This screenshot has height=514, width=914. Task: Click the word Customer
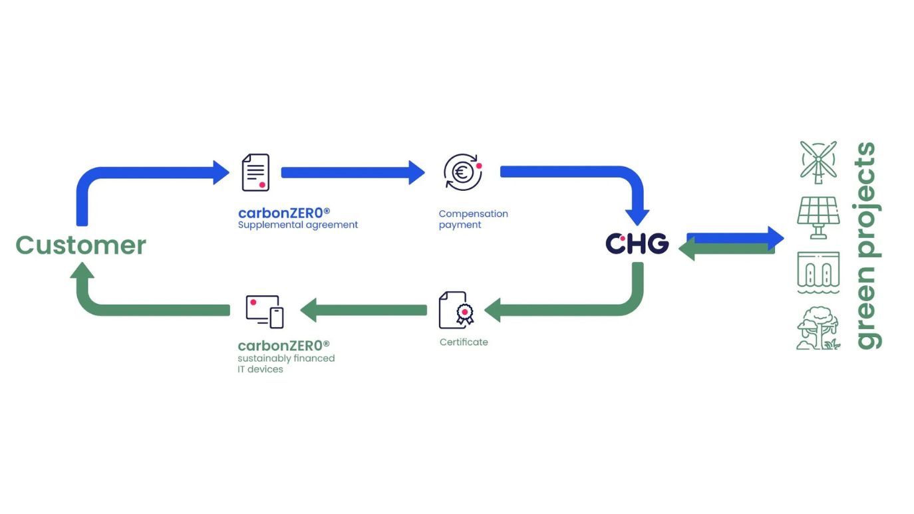(x=80, y=245)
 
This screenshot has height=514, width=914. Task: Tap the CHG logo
(x=637, y=243)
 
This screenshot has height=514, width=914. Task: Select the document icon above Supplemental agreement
(x=255, y=172)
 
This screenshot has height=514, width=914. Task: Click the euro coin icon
(x=462, y=172)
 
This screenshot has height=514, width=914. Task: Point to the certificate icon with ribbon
(x=456, y=310)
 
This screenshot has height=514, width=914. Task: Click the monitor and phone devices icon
(x=264, y=311)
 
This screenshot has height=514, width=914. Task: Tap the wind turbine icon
(x=818, y=162)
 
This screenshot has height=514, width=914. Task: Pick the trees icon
(x=818, y=328)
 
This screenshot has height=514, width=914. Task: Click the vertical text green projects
(x=867, y=246)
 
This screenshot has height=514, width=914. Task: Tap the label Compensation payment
(x=473, y=219)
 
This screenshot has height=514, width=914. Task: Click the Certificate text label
(x=464, y=342)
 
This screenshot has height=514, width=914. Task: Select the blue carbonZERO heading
(x=284, y=213)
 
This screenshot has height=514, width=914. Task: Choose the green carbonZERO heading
(x=284, y=346)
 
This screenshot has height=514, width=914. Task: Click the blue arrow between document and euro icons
(x=353, y=172)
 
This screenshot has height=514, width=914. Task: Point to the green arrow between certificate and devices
(x=364, y=310)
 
